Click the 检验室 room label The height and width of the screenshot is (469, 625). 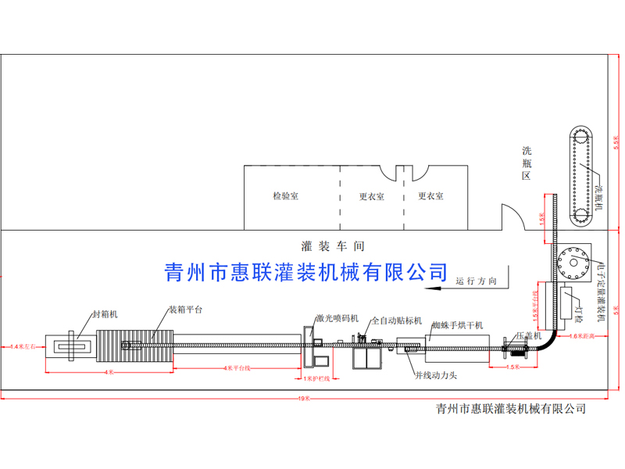tap(285, 196)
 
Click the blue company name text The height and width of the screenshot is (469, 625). tap(305, 271)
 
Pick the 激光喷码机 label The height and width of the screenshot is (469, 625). tap(337, 318)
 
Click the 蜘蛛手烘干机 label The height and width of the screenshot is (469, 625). tap(458, 324)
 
